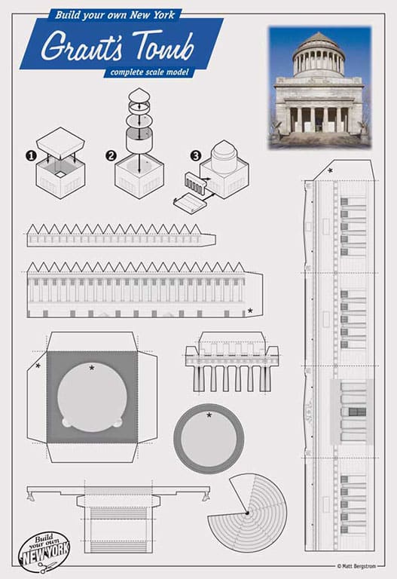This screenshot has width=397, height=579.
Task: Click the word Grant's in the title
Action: [x=81, y=45]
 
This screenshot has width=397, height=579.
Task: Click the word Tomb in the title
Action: [x=163, y=45]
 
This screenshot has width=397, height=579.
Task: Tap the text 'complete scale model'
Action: [x=149, y=72]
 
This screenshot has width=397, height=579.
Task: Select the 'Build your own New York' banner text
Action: [x=115, y=15]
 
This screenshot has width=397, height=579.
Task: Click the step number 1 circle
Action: [x=31, y=155]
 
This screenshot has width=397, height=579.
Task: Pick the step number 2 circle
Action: [x=111, y=155]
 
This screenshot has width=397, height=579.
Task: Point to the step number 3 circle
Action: [x=196, y=155]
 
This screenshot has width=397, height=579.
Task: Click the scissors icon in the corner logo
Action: [x=47, y=567]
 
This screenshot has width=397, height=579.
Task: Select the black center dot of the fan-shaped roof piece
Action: [x=247, y=513]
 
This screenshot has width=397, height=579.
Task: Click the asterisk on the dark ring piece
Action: [x=209, y=415]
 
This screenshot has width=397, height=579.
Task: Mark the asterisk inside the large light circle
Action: [x=92, y=367]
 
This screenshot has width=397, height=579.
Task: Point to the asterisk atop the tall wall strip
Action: [x=330, y=170]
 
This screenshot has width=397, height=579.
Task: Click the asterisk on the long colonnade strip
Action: [x=250, y=311]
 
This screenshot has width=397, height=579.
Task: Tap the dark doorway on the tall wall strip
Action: [x=357, y=412]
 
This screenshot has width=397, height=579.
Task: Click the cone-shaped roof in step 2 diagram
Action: [x=139, y=94]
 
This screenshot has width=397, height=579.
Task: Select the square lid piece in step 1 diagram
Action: [x=61, y=142]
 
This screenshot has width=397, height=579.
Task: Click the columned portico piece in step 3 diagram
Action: [x=193, y=183]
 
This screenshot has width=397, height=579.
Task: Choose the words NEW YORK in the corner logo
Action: [x=45, y=554]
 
